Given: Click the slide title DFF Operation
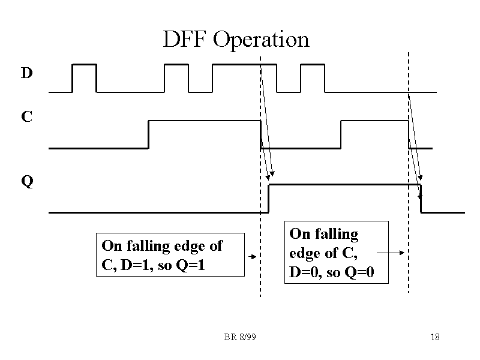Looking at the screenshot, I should pos(236,40).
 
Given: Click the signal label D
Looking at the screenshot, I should pos(26,74).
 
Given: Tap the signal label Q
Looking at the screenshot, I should pos(26,181).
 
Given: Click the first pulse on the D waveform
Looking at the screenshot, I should pos(84,64).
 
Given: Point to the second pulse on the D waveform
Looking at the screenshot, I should pos(176,64).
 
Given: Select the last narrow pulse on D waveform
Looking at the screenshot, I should pos(312,64).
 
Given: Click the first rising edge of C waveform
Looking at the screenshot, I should pos(148,134).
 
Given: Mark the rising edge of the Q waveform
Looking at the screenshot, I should pos(269,199).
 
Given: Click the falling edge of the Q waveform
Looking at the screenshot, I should pos(421,199).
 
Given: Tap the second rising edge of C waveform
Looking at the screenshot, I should pos(341,134).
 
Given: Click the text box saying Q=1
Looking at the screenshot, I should pos(170,254).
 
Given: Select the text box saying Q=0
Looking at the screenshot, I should pos(337,253).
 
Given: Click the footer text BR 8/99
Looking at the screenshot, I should pos(240,337).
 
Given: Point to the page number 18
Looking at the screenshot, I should pos(435,337).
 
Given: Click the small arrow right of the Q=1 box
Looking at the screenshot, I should pos(253,256).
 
